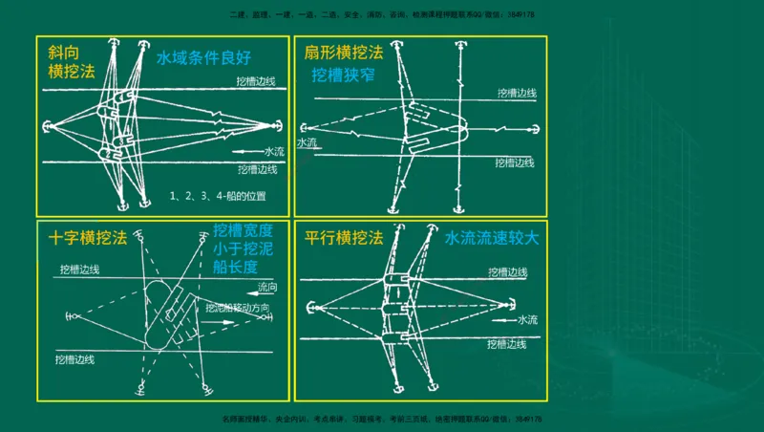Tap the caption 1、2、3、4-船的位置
coord(218,196)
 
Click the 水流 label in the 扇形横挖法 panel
coord(307,143)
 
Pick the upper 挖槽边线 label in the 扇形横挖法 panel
coord(517,94)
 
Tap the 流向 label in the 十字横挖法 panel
coord(269,287)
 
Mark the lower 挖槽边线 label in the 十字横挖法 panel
coord(76,359)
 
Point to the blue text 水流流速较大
coord(491,238)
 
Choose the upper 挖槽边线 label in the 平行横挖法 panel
coord(508,272)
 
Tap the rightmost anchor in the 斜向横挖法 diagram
coord(278,125)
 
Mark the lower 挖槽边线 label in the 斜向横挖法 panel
coord(257,169)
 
